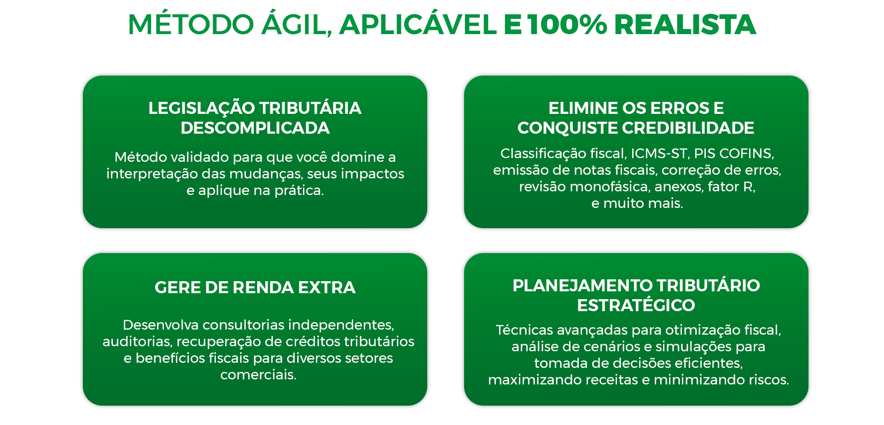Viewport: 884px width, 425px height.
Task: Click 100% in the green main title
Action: coord(567,24)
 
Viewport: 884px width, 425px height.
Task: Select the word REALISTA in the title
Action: coord(685,24)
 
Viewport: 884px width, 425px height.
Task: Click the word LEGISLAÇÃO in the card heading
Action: coord(202,108)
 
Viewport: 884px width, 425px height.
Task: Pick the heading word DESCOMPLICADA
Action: coord(255,128)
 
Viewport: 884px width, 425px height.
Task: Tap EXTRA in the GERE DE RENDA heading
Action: coord(326,287)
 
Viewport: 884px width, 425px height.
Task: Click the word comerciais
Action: coord(258,375)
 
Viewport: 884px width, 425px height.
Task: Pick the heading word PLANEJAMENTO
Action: coord(582,285)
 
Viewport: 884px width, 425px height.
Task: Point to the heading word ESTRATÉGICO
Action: coord(636,305)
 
